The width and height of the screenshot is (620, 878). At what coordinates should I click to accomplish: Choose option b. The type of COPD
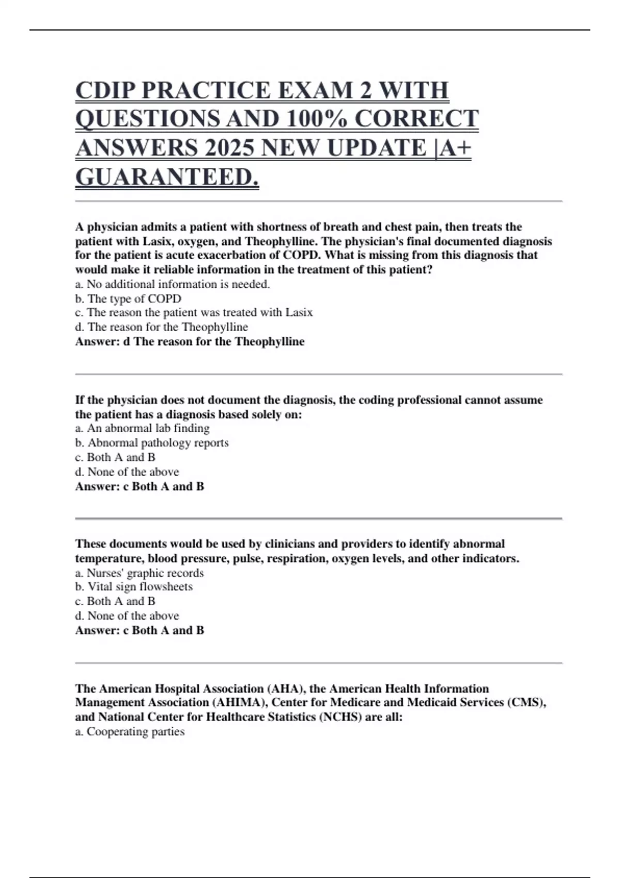point(128,299)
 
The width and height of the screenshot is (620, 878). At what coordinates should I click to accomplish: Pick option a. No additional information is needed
point(173,284)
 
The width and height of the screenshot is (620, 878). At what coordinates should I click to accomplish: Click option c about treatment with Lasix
point(194,312)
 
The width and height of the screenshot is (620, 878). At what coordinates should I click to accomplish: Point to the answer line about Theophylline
point(190,341)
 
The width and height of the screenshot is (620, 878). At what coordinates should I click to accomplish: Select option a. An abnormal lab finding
point(142,428)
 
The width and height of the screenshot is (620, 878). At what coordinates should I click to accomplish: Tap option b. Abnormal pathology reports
point(152,443)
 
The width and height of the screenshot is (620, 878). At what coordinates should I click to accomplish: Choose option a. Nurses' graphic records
point(139,573)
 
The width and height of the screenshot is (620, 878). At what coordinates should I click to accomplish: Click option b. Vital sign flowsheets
point(134,587)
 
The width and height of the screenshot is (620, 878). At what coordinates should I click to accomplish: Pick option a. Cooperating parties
point(130,731)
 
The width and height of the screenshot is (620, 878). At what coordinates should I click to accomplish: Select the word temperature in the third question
point(110,558)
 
